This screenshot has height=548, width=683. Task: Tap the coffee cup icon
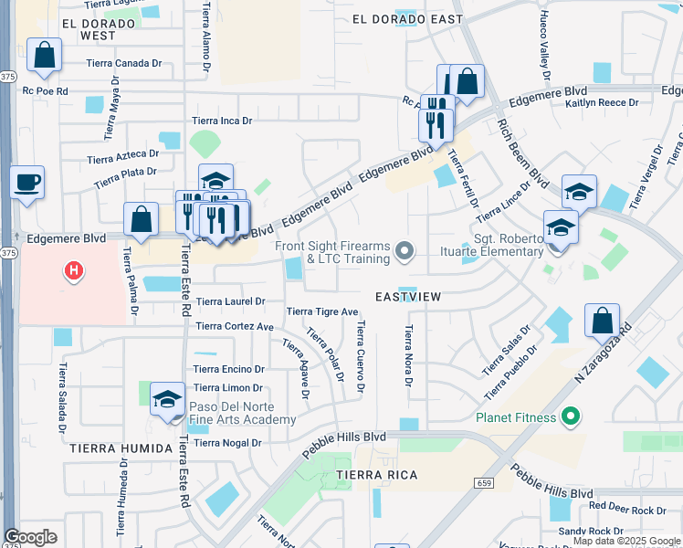(27, 181)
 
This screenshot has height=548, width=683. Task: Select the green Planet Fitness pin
(572, 418)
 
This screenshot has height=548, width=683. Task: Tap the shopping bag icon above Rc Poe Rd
(45, 56)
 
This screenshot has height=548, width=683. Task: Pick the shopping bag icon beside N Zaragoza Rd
(602, 321)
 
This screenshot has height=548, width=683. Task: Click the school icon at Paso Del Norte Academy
(167, 399)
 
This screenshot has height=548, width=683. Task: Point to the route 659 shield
(484, 482)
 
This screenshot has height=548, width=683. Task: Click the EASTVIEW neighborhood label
(408, 298)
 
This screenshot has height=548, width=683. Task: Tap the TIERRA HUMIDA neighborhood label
(119, 448)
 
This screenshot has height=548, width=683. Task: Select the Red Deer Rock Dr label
(627, 509)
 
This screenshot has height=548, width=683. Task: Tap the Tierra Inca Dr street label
(222, 121)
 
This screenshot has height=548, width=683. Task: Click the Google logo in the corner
(31, 537)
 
